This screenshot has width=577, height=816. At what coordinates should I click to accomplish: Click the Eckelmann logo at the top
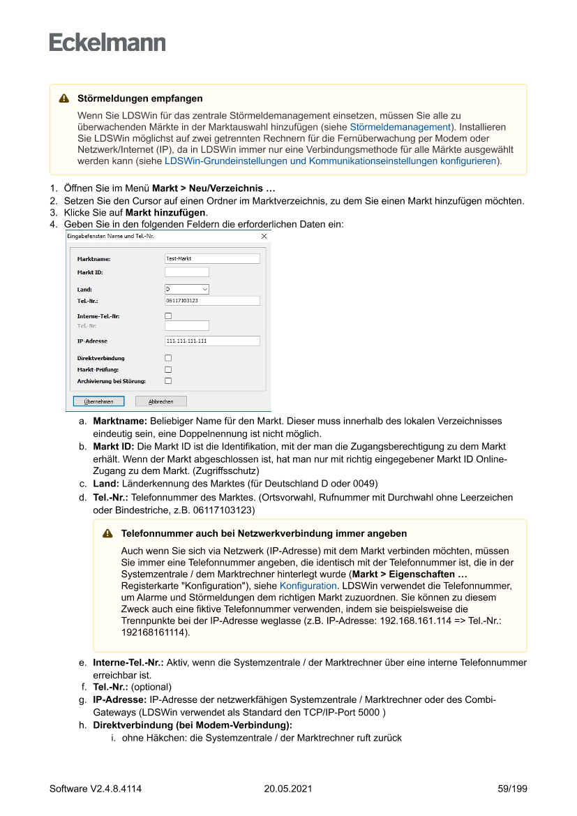click(107, 42)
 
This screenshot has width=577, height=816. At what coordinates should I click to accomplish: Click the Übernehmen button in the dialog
click(99, 401)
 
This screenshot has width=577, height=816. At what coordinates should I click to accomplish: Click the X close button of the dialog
click(264, 237)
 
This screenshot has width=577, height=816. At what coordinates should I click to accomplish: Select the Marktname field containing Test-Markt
click(212, 258)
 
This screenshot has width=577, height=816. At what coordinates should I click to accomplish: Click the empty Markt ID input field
click(187, 272)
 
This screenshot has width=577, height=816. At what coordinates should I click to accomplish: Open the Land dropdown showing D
click(187, 289)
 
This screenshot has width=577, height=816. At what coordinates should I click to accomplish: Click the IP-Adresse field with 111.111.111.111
click(212, 341)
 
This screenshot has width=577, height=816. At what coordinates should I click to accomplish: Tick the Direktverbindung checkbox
click(168, 358)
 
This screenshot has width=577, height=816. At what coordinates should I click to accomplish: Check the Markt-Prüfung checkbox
click(168, 369)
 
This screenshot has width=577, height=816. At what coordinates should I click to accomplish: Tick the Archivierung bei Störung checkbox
click(168, 381)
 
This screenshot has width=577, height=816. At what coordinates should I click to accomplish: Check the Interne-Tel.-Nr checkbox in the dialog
click(168, 316)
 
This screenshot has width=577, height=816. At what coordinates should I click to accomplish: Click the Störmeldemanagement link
click(400, 127)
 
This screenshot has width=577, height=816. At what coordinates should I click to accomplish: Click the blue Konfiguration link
click(308, 586)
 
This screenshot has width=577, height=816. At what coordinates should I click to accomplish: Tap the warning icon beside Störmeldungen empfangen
click(64, 98)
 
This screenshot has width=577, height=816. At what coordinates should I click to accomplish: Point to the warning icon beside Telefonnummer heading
click(108, 533)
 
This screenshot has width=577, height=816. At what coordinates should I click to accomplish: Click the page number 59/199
click(512, 789)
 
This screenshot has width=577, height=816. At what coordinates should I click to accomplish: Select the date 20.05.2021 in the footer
click(288, 789)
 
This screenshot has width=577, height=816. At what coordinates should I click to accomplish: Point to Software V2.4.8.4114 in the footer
click(96, 789)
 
